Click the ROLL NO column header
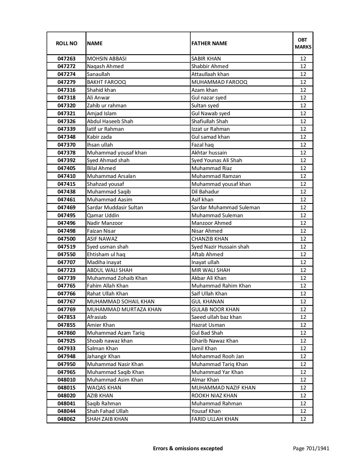tap(66, 43)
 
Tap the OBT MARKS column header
tap(303, 43)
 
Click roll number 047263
tap(66, 59)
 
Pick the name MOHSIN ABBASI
tap(107, 59)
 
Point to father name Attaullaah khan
tap(210, 74)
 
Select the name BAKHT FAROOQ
tap(106, 82)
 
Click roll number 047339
tap(66, 129)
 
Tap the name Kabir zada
tap(99, 137)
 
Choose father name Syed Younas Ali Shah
tap(217, 160)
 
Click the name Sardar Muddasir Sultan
tap(115, 208)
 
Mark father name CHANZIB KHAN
tap(210, 239)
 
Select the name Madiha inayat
tap(104, 262)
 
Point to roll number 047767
tap(66, 302)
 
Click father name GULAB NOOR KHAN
tap(215, 310)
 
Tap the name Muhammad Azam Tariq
tap(116, 333)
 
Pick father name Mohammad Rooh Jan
tap(217, 356)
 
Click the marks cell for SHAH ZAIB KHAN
tap(303, 419)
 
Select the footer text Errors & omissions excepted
tap(188, 448)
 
